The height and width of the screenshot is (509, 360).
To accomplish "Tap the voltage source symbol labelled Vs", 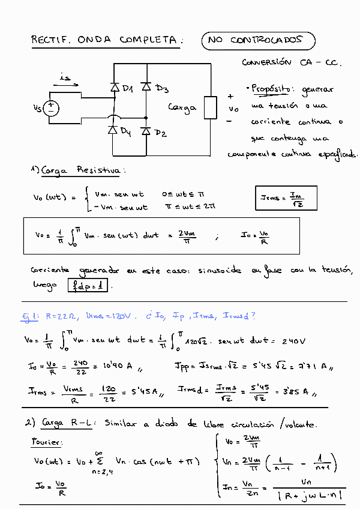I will (51, 108).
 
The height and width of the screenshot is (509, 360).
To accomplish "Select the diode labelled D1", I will (115, 88).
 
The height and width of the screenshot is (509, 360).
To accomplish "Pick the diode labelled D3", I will (145, 87).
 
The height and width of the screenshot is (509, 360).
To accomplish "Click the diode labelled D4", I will (112, 130).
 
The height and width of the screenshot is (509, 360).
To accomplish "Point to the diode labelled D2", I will (145, 130).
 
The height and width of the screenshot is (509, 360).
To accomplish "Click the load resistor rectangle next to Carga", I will (210, 107).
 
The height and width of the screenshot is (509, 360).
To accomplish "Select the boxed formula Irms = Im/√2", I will (286, 199).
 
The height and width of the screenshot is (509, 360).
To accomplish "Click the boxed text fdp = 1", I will (88, 286).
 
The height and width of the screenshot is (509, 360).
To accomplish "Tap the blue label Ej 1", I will (31, 316).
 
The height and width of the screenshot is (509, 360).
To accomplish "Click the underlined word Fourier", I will (46, 442).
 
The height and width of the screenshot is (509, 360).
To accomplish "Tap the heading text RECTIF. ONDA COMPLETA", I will (104, 40).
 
